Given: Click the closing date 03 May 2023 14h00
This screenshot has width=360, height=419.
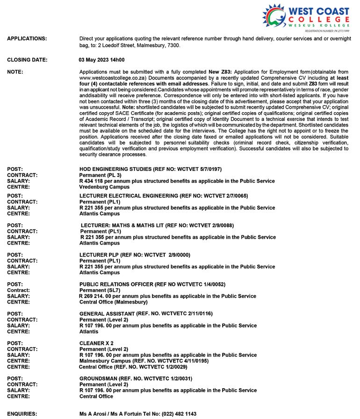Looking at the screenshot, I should click(x=101, y=60).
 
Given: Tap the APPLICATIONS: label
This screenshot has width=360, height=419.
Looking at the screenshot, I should click(x=27, y=38).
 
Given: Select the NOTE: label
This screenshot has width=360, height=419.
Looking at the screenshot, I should click(x=15, y=71).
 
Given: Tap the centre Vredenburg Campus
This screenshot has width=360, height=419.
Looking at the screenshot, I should click(x=104, y=187).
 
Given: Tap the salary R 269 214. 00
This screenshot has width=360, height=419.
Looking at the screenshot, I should click(x=100, y=296).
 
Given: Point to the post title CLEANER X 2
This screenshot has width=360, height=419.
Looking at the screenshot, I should click(x=97, y=343).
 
